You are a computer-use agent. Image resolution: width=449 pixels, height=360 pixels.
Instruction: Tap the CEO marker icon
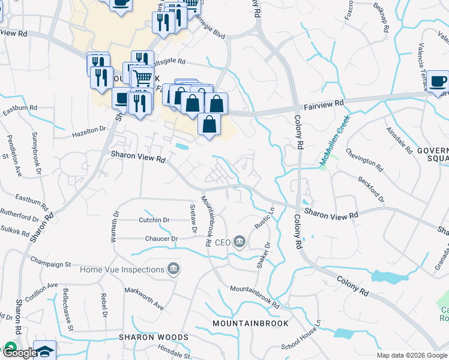(240, 242)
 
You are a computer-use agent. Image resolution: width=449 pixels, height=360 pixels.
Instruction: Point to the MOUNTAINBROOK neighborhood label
(250, 323)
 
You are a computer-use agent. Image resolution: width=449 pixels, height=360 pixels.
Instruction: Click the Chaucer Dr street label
(162, 239)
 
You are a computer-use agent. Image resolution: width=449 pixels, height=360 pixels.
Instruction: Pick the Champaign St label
(50, 263)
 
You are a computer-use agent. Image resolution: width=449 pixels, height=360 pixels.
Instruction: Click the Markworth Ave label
(144, 298)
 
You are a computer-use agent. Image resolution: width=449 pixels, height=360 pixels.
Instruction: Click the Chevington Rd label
(364, 161)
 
